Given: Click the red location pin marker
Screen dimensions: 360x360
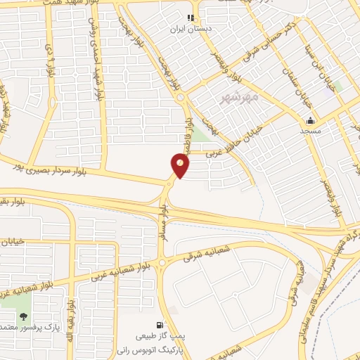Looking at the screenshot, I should (181, 165).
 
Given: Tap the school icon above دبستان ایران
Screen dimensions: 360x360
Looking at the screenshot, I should (190, 18).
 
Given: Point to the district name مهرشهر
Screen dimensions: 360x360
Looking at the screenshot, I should (240, 95).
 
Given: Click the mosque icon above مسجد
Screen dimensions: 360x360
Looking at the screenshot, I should (310, 120).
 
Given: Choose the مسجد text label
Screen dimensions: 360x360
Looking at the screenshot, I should (310, 131).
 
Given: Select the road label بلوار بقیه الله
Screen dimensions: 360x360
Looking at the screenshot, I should (71, 316).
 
